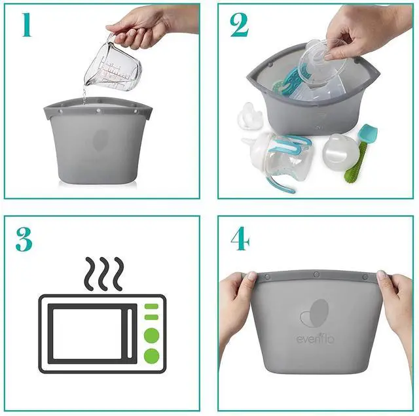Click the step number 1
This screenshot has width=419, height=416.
pyautogui.click(x=27, y=25)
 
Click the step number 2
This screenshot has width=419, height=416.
pyautogui.click(x=240, y=25)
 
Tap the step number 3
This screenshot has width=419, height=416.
pyautogui.click(x=24, y=239)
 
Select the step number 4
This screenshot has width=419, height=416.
pyautogui.click(x=240, y=239)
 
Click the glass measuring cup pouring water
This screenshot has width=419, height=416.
pyautogui.click(x=113, y=64)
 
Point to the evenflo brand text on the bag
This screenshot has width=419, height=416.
pyautogui.click(x=315, y=339)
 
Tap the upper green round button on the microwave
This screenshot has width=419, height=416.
pyautogui.click(x=151, y=336)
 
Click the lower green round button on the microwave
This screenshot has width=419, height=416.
pyautogui.click(x=151, y=356)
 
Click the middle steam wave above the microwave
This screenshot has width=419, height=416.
pyautogui.click(x=103, y=274)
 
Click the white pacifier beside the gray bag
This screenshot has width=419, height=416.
pyautogui.click(x=249, y=117)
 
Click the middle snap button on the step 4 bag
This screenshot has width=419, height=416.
pyautogui.click(x=316, y=274)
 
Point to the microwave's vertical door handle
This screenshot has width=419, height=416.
pyautogui.click(x=130, y=334)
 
